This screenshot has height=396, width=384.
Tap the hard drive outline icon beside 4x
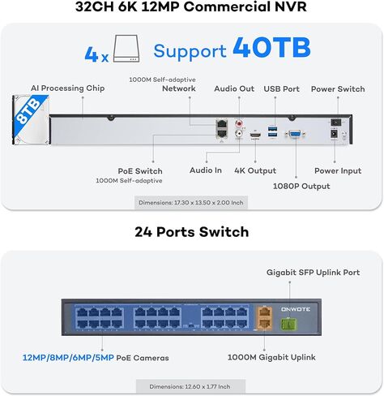pyautogui.click(x=126, y=49)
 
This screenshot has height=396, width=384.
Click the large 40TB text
pyautogui.click(x=271, y=48)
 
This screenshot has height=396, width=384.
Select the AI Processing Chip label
pyautogui.click(x=67, y=88)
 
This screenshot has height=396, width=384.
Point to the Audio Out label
pyautogui.click(x=234, y=88)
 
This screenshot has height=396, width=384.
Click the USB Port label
pyautogui.click(x=281, y=88)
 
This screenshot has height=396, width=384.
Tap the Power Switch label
pyautogui.click(x=338, y=88)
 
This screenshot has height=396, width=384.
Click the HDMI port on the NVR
pyautogui.click(x=255, y=135)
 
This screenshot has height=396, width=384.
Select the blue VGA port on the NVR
pyautogui.click(x=296, y=134)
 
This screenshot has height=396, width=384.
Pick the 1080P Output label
pyautogui.click(x=301, y=186)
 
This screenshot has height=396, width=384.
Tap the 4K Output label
pyautogui.click(x=255, y=170)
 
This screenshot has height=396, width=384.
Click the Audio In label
pyautogui.click(x=206, y=170)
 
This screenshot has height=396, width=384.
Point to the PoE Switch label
pyautogui.click(x=140, y=171)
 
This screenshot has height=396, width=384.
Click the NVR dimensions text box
pyautogui.click(x=191, y=202)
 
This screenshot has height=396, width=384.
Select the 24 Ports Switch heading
pyautogui.click(x=192, y=232)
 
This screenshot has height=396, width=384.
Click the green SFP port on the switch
pyautogui.click(x=288, y=324)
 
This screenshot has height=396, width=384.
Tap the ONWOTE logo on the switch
pyautogui.click(x=296, y=309)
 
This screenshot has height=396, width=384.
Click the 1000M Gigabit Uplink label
pyautogui.click(x=271, y=357)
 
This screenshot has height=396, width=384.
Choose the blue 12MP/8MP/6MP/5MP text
pyautogui.click(x=68, y=358)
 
